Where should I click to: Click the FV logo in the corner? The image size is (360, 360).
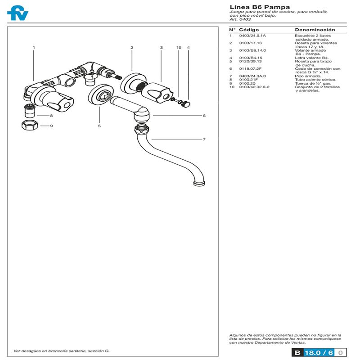pos(18,12)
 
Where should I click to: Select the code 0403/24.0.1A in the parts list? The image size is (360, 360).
pos(252,35)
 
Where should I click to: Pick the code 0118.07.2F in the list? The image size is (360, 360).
pos(249,68)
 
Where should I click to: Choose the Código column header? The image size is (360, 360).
pos(249,29)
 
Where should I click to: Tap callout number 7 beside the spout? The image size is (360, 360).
pos(204,139)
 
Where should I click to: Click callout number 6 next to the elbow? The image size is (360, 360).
pos(204,116)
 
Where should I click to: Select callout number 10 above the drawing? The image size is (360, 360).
pos(179,47)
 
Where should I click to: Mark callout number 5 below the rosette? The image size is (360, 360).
pos(99,126)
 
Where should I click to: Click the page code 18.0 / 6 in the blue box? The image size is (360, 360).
pos(319,353)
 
